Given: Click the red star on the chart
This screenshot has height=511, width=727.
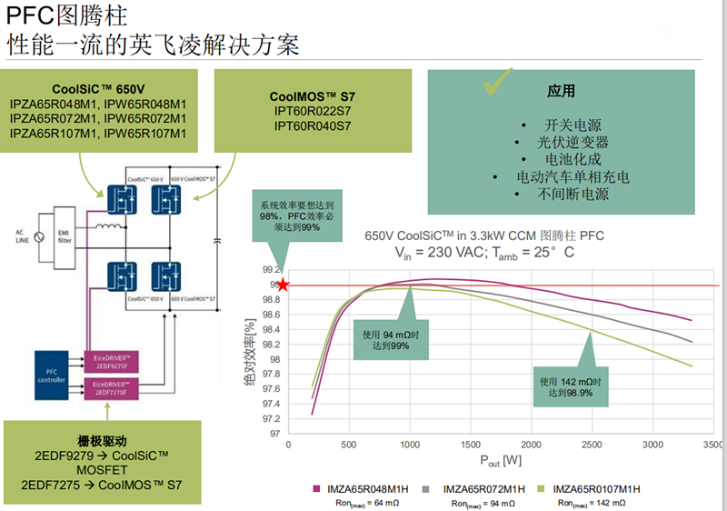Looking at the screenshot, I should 283,286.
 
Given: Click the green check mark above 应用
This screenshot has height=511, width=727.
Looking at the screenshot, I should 498,85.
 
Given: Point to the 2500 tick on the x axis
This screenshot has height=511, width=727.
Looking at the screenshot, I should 591,445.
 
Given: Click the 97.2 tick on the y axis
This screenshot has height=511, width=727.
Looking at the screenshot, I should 270,418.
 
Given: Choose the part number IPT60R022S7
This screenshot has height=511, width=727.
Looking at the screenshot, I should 312,110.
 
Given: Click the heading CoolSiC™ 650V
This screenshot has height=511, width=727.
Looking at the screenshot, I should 98,88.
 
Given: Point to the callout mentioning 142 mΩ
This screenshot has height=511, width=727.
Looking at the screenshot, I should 571,386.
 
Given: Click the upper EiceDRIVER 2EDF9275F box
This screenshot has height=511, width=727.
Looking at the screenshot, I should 109,360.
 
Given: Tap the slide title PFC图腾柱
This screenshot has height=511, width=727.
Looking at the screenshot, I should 67,16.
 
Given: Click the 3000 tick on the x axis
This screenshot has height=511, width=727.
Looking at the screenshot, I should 652,445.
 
